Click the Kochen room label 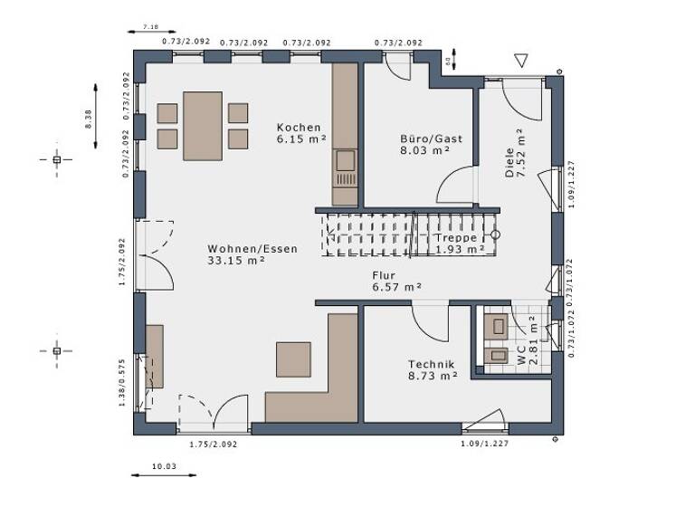click(x=299, y=128)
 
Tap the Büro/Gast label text click(x=431, y=139)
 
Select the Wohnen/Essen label click(x=252, y=249)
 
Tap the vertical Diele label click(x=509, y=164)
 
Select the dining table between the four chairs click(x=203, y=126)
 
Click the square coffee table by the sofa click(x=293, y=359)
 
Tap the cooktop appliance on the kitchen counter click(x=345, y=161)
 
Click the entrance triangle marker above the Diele click(x=520, y=62)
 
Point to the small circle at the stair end click(x=495, y=234)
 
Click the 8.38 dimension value click(x=89, y=120)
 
